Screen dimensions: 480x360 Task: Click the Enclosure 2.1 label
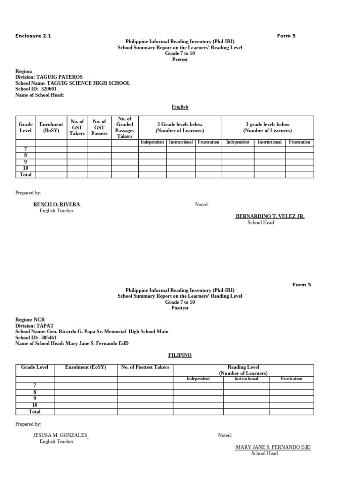(x=33, y=36)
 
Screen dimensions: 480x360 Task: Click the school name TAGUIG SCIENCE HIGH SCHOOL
(x=89, y=83)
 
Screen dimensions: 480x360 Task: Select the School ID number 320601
(x=49, y=89)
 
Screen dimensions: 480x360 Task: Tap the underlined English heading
(x=180, y=107)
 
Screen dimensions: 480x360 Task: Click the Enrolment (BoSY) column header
(x=51, y=127)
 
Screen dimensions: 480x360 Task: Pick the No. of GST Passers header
(x=99, y=127)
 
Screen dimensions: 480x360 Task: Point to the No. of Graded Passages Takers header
(x=125, y=127)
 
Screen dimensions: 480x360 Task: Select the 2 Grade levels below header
(x=180, y=127)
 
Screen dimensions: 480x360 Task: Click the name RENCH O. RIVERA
(x=57, y=205)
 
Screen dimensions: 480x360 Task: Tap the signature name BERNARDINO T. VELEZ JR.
(x=270, y=217)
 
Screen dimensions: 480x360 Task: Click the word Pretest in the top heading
(x=180, y=60)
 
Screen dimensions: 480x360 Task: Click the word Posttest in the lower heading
(x=180, y=308)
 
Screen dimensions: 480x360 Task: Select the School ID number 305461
(x=49, y=337)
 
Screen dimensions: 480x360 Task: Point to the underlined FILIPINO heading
(x=180, y=355)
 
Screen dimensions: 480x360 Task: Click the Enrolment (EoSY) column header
(x=85, y=367)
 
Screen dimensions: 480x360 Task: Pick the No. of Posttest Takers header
(x=145, y=367)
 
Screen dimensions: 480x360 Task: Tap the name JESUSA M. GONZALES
(x=60, y=435)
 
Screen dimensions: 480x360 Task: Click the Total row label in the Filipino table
(x=35, y=412)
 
